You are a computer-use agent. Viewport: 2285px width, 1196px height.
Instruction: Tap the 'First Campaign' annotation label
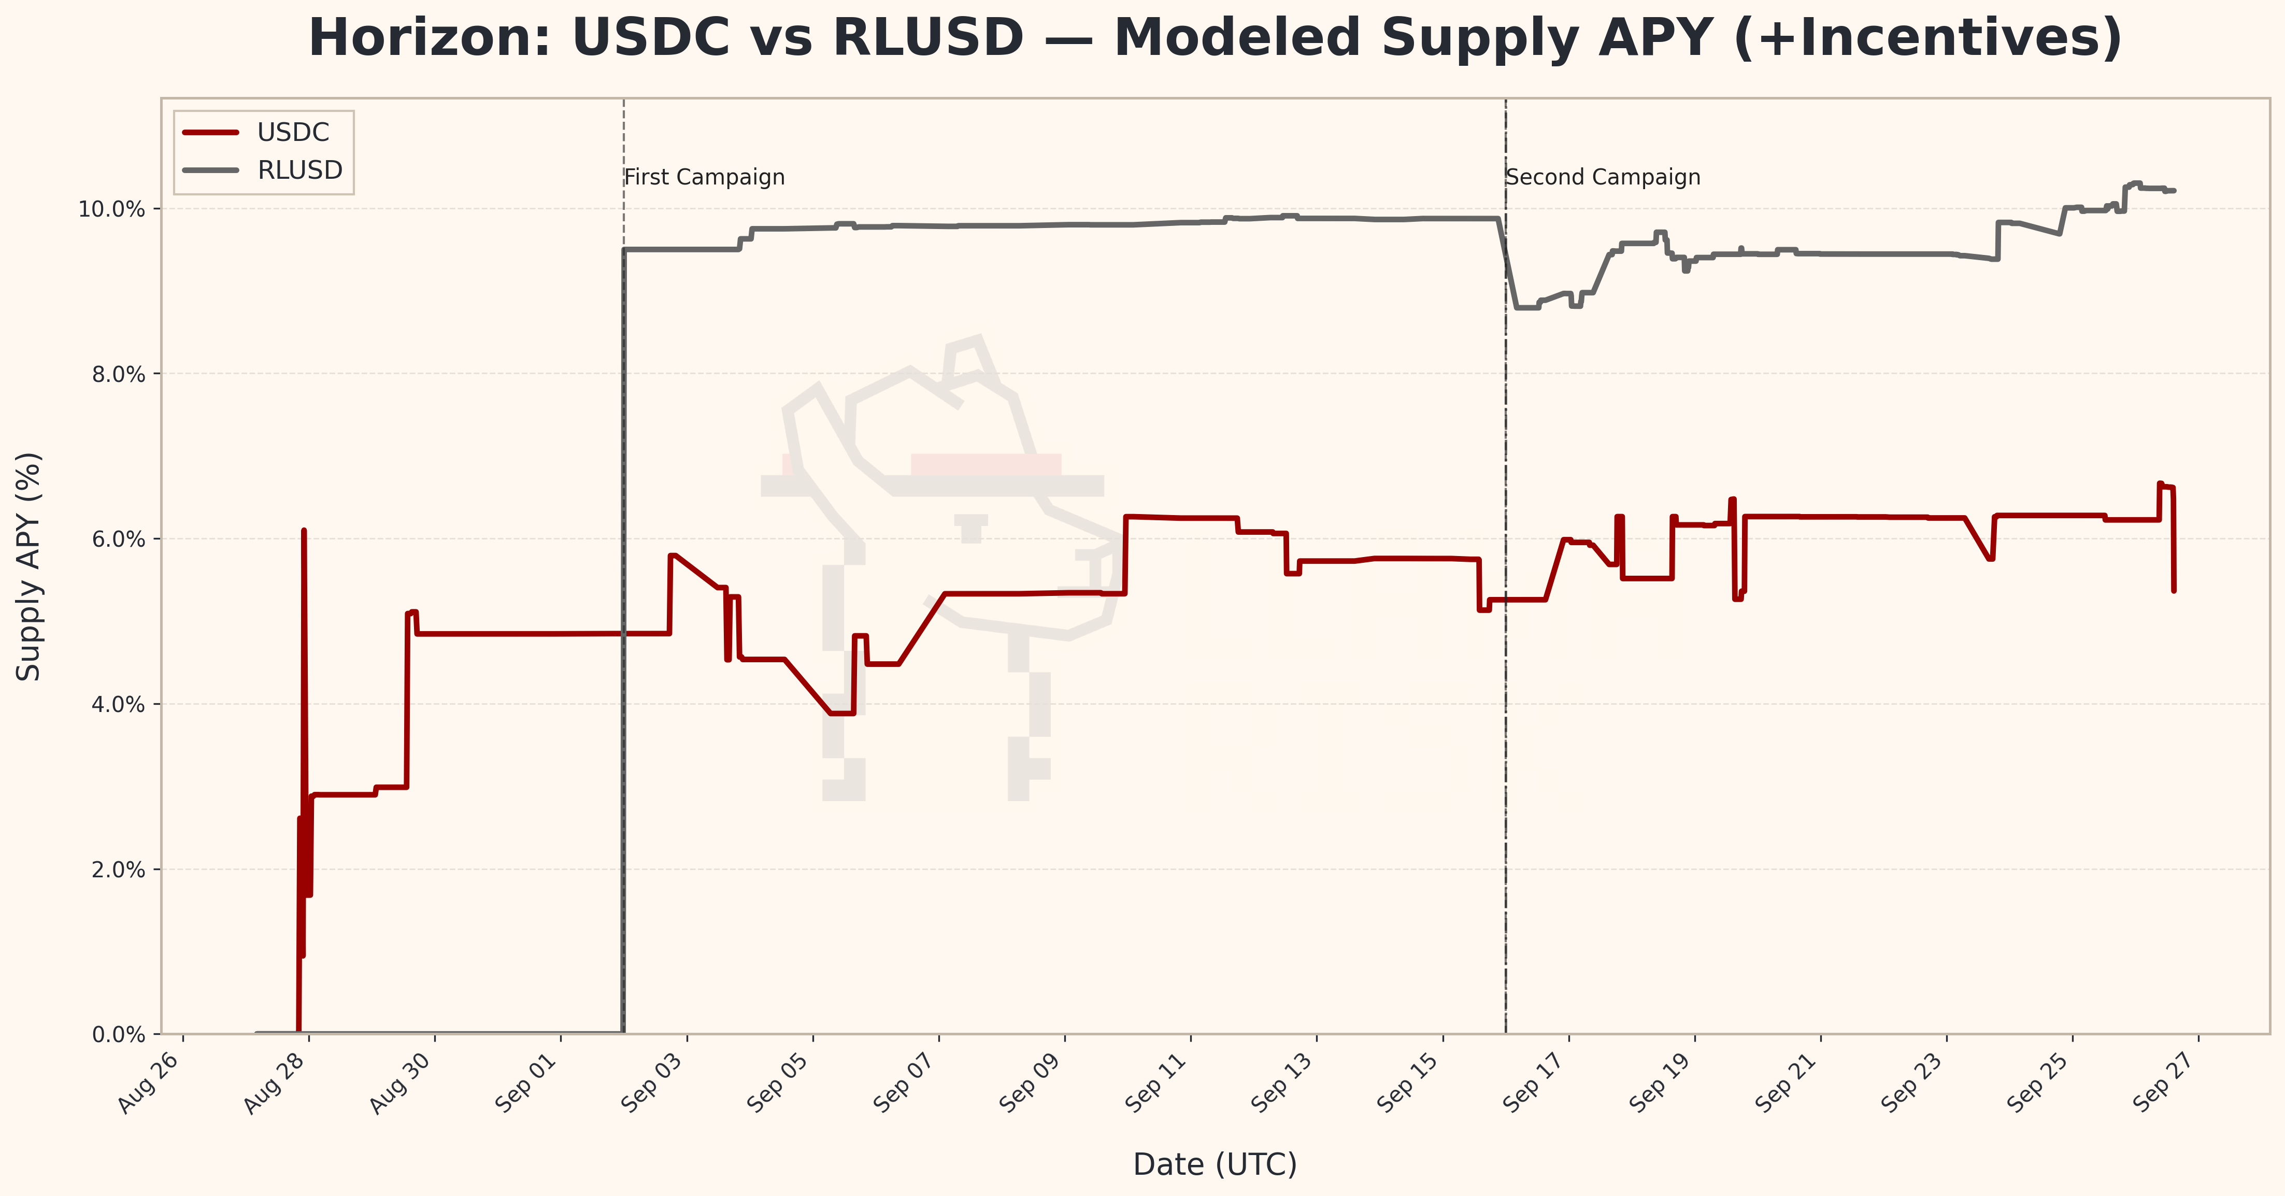click(704, 177)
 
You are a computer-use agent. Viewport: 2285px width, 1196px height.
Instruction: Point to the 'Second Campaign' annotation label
click(1603, 177)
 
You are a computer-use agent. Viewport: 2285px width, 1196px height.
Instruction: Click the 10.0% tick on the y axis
click(112, 209)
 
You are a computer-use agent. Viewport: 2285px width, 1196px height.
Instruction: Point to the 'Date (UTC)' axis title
click(1215, 1164)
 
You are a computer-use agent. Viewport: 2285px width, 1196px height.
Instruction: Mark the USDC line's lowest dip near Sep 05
click(841, 713)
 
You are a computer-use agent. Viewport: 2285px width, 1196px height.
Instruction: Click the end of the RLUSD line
click(2174, 191)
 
